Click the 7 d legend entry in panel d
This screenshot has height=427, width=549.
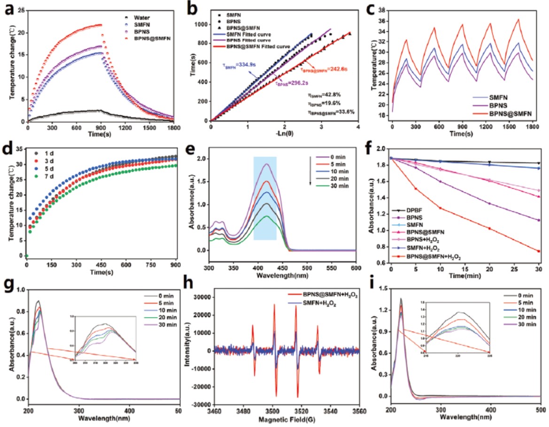pyautogui.click(x=46, y=176)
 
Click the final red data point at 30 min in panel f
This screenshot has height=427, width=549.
pyautogui.click(x=539, y=251)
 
